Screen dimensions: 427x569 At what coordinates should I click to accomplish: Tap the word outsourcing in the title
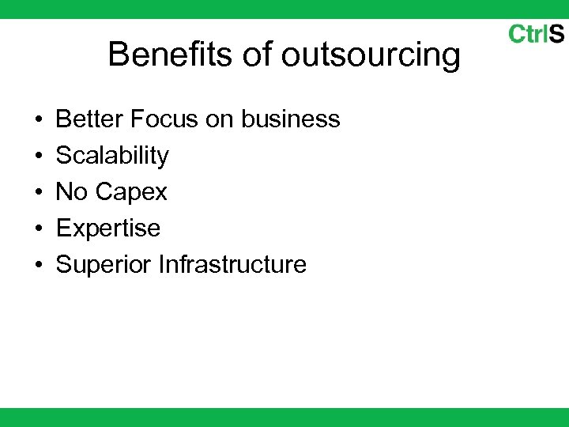pos(371,56)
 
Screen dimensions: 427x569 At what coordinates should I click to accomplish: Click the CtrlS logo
pos(536,34)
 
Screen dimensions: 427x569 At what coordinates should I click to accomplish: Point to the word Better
pos(90,119)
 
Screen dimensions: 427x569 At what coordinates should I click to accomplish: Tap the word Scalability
pos(112,156)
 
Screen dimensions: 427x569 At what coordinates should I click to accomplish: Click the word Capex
pos(133,192)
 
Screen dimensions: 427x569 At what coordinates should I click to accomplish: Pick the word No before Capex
pos(73,191)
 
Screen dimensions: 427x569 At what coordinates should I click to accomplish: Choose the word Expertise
pos(108,229)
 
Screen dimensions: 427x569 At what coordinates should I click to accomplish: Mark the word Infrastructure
pos(232,264)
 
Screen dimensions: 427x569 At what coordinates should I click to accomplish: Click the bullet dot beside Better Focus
pos(39,120)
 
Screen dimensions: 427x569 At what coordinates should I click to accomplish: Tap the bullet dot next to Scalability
pos(39,157)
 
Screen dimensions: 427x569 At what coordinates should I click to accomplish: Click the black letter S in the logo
pos(556,34)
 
